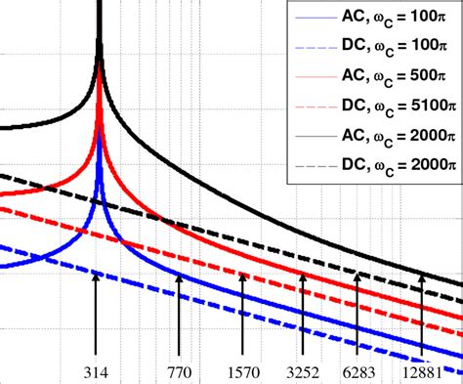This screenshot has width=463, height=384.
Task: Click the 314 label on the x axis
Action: [x=97, y=372]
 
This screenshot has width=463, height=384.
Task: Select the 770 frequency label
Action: [x=179, y=372]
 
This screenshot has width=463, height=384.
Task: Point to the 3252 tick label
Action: [x=303, y=372]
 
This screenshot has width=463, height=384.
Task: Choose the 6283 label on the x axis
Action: [x=358, y=372]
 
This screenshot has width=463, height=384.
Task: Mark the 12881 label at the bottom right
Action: [x=422, y=372]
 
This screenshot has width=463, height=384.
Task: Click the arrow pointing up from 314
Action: [x=97, y=318]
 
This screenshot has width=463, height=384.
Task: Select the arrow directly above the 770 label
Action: [x=179, y=318]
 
